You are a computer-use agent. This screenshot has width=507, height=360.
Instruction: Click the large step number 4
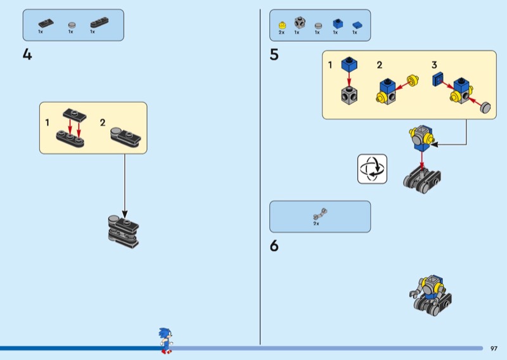pos(27,55)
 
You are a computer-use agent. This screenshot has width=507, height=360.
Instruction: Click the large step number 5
pos(274,55)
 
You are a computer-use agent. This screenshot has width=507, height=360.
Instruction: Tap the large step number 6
pos(274,245)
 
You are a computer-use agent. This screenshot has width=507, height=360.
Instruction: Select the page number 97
pos(494,348)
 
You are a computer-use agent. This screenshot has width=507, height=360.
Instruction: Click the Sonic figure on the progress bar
pos(166,340)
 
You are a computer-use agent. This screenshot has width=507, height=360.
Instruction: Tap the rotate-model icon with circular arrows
pos(372,169)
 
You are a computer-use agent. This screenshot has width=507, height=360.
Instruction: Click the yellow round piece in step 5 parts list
pos(282,25)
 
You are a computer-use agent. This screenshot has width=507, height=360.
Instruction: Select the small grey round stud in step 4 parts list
pos(71,24)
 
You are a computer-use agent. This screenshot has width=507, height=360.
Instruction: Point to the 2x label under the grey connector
pos(316,224)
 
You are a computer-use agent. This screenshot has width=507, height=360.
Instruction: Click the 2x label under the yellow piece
pos(281,32)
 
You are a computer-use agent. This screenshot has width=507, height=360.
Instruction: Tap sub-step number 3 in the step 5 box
pos(434,65)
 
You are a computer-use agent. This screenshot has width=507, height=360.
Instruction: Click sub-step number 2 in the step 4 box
pos(103,122)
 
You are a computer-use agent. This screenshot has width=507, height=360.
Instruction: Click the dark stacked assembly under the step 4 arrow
pos(123,231)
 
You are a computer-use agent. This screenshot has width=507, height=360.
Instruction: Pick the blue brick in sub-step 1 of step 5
pos(348,65)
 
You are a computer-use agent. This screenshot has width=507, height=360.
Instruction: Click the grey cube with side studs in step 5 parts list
pos(300,23)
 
